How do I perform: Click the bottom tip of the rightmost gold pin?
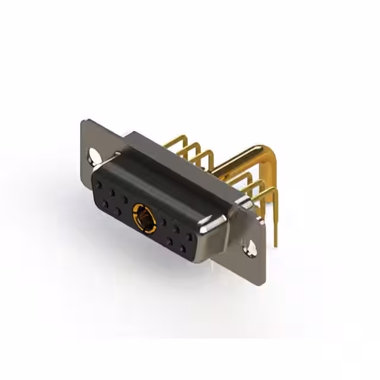point(276,243)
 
